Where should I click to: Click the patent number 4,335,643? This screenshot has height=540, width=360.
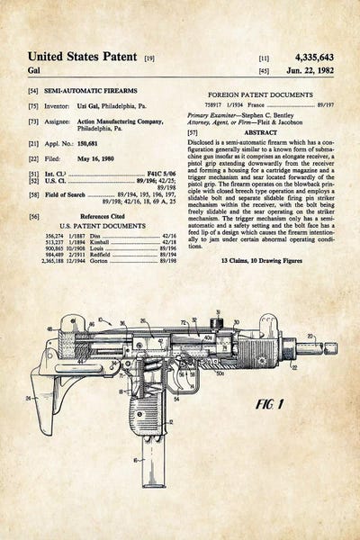tap(308, 56)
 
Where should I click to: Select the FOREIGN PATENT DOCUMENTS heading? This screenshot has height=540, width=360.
tap(260, 94)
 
